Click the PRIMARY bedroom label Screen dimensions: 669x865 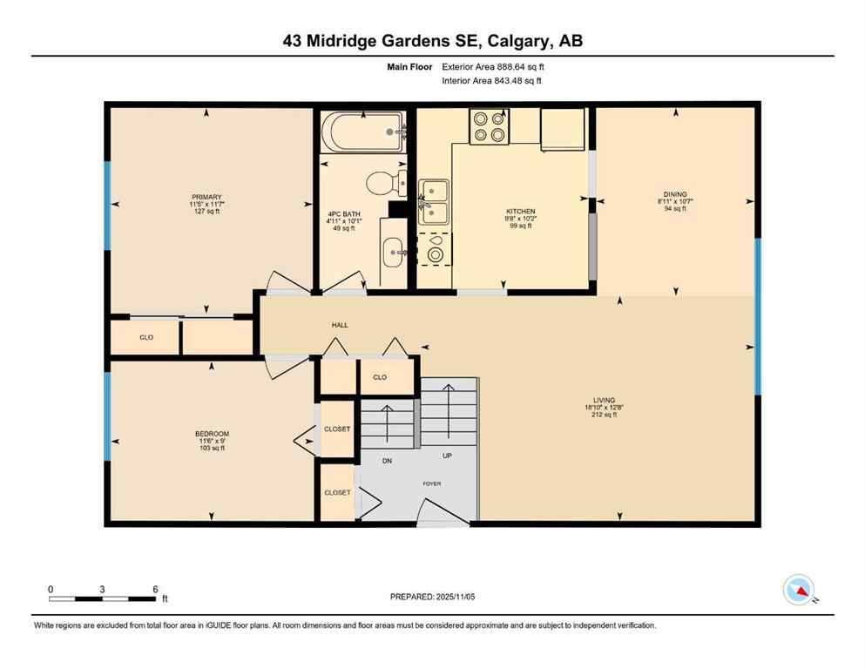pos(207,197)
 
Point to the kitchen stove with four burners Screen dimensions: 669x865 pos(490,126)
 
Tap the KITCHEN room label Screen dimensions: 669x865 pos(521,211)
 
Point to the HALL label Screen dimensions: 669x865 pos(340,325)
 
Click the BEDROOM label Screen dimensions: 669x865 pos(212,434)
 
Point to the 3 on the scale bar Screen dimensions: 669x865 pos(103,590)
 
